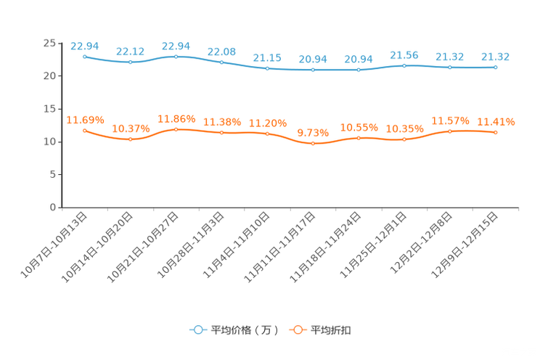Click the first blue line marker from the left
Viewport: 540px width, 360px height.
[85, 56]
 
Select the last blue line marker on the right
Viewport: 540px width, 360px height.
[496, 67]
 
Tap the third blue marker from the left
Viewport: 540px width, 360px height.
[176, 56]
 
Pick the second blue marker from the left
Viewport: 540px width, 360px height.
[131, 62]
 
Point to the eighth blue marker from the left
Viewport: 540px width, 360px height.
[404, 65]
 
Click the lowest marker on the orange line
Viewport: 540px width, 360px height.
[314, 144]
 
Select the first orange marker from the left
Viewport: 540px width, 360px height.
[85, 131]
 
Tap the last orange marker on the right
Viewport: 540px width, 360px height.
[496, 133]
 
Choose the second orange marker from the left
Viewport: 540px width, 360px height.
[131, 139]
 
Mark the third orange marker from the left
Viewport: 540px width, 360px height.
[176, 129]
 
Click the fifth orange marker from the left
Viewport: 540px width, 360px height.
[268, 134]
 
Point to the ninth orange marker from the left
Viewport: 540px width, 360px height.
[450, 131]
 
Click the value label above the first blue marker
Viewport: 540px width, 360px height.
[84, 46]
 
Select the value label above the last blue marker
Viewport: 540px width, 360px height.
[496, 56]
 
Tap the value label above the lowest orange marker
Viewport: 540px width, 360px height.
[314, 133]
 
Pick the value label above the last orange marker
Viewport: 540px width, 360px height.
[496, 122]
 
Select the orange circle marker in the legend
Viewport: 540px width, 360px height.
[298, 330]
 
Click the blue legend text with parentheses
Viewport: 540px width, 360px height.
[245, 330]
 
